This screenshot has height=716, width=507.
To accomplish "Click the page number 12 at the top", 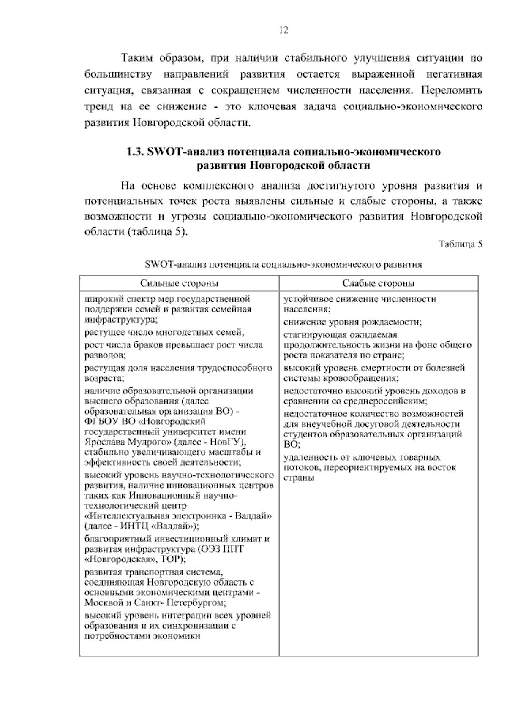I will [283, 30].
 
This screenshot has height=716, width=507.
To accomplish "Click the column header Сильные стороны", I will [179, 283].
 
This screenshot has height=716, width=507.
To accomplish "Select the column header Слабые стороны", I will [378, 283].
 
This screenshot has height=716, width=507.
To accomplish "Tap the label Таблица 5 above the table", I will [461, 244].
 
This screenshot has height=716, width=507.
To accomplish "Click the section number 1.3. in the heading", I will [136, 152].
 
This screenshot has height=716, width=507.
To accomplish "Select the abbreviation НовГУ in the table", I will [226, 442].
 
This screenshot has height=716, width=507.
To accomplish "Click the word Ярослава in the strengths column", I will [103, 442].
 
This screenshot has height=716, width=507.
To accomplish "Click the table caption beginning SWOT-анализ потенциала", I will [283, 265].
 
